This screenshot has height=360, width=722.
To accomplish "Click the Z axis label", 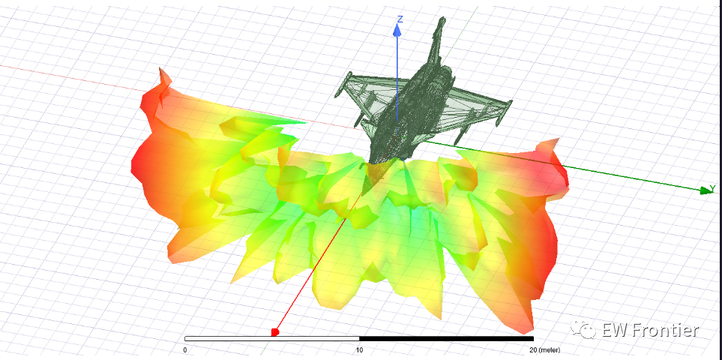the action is (400, 19).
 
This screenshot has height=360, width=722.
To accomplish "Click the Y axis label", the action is (712, 187).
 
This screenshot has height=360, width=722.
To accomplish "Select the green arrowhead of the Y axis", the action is (706, 190).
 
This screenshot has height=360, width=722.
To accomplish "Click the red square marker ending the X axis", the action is (275, 332).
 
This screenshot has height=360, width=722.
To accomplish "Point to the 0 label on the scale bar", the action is (185, 349).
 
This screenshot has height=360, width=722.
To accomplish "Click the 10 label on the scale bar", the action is (359, 349).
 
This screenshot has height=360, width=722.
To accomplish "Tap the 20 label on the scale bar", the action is (534, 349).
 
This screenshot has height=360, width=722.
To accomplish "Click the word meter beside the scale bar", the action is (550, 350).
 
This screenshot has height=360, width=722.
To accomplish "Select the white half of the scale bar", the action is (271, 339).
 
